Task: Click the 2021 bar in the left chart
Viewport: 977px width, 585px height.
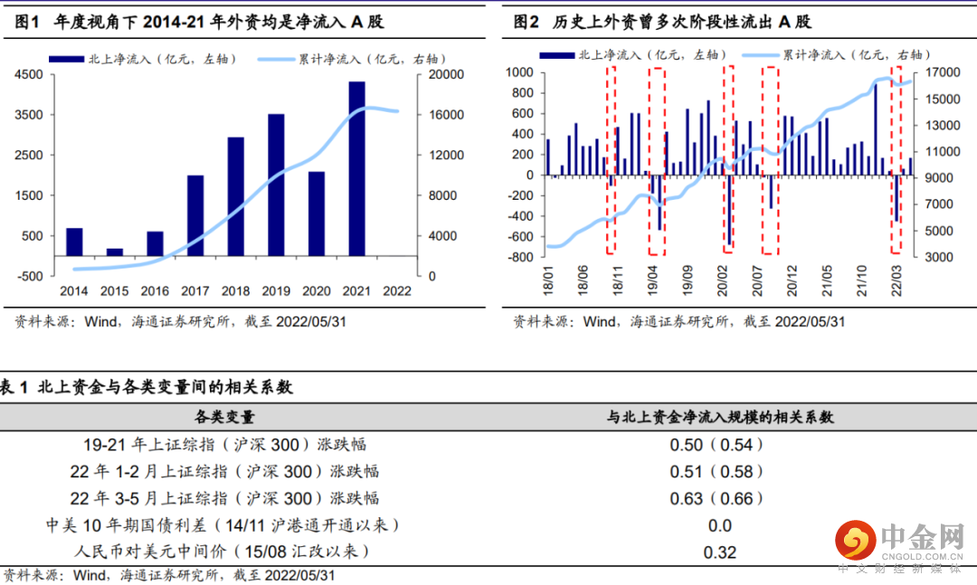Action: (357, 168)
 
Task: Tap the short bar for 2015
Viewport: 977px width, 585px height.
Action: (114, 251)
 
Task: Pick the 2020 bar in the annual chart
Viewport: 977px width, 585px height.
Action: (317, 213)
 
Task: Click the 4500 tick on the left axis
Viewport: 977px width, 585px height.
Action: (30, 75)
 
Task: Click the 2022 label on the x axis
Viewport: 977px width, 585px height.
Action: (397, 291)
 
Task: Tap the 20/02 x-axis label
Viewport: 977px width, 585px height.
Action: (724, 275)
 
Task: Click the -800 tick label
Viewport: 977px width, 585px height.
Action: (521, 258)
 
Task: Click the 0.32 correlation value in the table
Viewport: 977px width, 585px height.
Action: (719, 552)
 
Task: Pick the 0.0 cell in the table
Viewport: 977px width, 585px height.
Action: (719, 525)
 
